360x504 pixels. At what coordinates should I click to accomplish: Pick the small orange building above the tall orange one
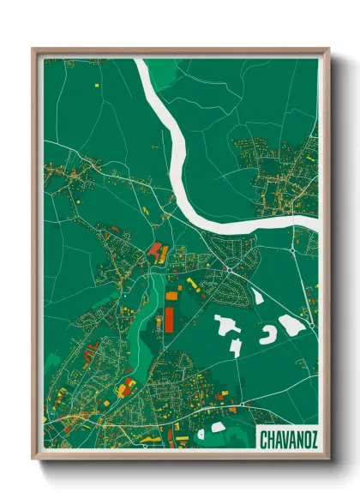(171, 296)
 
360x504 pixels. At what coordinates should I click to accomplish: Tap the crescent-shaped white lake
(267, 333)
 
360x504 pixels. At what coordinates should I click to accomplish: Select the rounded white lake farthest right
(291, 324)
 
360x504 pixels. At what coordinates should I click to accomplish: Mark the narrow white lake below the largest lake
(234, 346)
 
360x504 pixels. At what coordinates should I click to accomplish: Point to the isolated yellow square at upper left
(98, 87)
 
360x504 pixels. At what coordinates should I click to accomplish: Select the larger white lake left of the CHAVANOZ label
(218, 427)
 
